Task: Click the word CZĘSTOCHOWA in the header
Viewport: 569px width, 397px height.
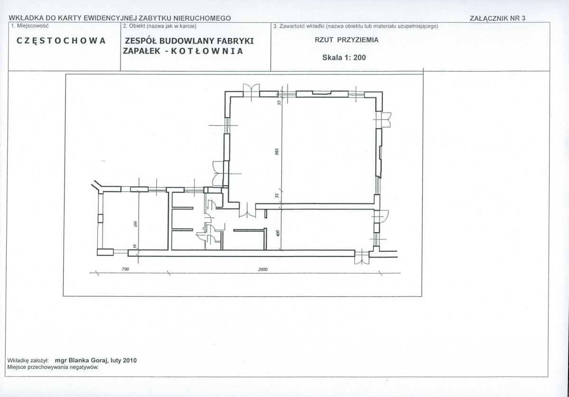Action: click(x=61, y=41)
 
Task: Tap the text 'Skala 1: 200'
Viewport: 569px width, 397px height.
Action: click(x=344, y=57)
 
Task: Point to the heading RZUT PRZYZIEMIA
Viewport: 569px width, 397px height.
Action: click(x=346, y=40)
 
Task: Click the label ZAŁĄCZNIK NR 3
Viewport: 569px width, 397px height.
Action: click(x=497, y=18)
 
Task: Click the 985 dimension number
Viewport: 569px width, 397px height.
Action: click(x=277, y=151)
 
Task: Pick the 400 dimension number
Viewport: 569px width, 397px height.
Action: click(x=279, y=233)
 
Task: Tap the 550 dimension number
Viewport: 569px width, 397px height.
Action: click(x=135, y=224)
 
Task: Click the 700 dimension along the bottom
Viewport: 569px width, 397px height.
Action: click(x=126, y=269)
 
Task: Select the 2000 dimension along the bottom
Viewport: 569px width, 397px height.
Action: click(x=263, y=269)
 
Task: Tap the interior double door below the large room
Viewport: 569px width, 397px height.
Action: click(x=247, y=211)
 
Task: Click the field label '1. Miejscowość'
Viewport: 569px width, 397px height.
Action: click(x=30, y=26)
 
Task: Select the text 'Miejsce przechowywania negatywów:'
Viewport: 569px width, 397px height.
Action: click(x=53, y=367)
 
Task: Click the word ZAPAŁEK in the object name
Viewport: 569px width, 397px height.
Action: click(x=141, y=51)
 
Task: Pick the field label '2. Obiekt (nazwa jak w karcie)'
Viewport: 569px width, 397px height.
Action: click(x=159, y=26)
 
